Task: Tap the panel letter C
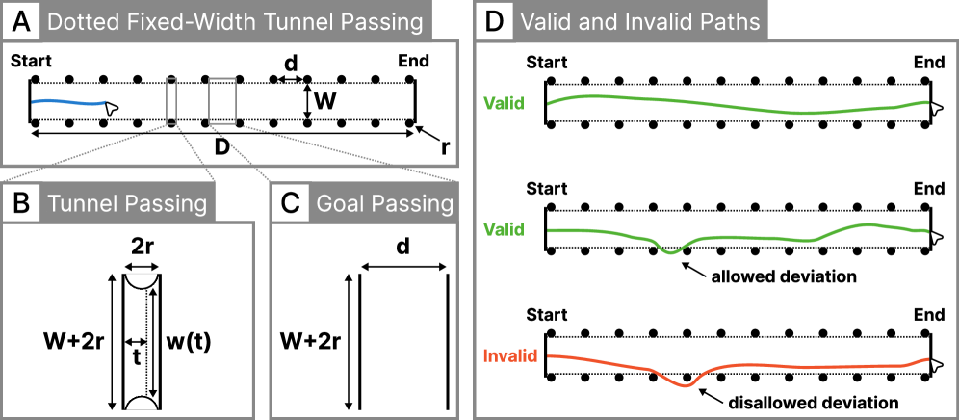coord(289,203)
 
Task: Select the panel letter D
coord(493,21)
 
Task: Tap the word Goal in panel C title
coord(340,204)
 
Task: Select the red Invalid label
coord(509,355)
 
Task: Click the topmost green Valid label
coord(505,103)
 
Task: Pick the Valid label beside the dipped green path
coord(505,230)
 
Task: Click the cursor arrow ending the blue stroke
coord(112,109)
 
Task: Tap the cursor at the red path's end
coord(935,364)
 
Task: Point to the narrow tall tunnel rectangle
coord(171,101)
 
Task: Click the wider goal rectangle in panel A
coord(222,101)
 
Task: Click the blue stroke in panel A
coord(67,101)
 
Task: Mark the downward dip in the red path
coord(685,383)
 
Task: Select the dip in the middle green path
coord(671,251)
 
